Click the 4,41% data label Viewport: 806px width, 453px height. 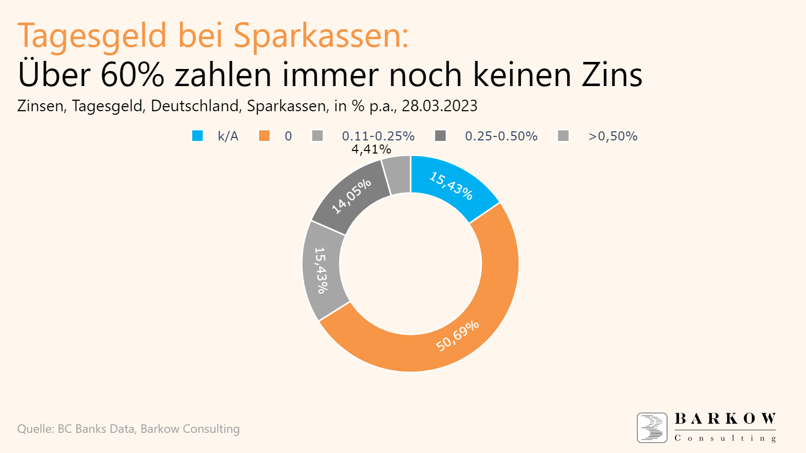pos(371,149)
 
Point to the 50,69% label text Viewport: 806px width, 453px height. pos(457,336)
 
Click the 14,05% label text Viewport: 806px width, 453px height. pos(351,196)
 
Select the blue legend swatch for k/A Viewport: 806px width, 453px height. pos(197,136)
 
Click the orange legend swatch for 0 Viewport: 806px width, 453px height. pos(264,136)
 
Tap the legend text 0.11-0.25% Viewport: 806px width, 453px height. pos(378,136)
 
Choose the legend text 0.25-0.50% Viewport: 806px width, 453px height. pos(501,136)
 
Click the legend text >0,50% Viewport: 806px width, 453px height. pos(613,136)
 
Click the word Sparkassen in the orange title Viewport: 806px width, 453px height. pos(320,36)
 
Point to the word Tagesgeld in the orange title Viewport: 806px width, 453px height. pos(92,36)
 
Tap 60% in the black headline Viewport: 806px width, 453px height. pos(132,75)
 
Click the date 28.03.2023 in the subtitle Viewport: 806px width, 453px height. pos(439,106)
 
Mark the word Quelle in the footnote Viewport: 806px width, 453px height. pos(35,429)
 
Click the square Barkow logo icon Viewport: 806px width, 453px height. pos(652,428)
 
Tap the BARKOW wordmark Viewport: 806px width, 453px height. pos(725,419)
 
